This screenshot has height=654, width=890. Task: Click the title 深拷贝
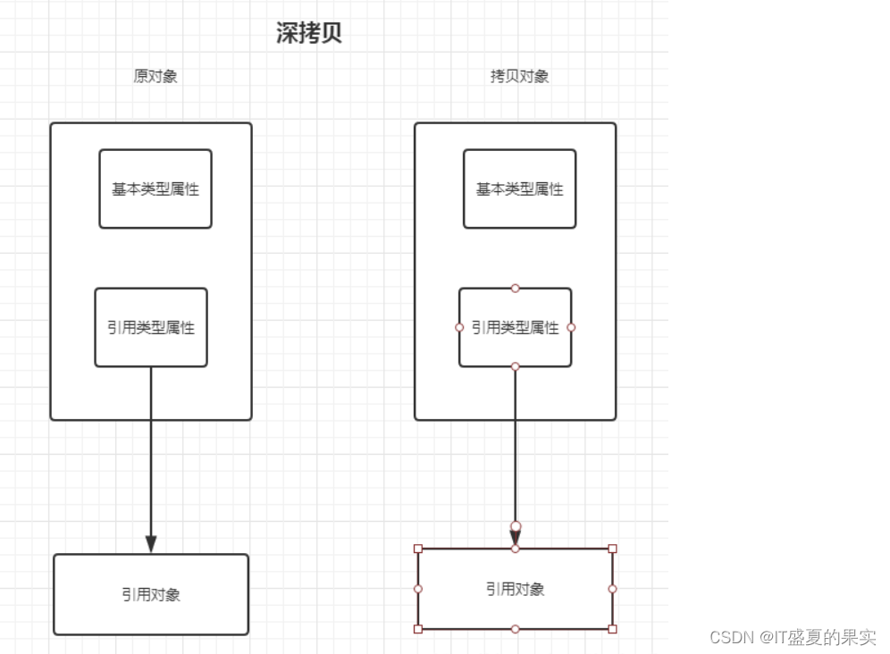click(x=309, y=34)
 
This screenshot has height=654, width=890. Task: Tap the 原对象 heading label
click(x=155, y=76)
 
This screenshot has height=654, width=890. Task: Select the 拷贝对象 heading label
click(x=519, y=76)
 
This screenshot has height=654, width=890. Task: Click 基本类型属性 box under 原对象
click(x=155, y=189)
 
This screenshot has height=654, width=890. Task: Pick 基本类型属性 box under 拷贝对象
click(x=519, y=189)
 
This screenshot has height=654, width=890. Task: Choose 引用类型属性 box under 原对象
click(x=151, y=328)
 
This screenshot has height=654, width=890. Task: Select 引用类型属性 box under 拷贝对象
click(x=516, y=328)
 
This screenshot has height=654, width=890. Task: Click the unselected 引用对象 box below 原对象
click(x=151, y=594)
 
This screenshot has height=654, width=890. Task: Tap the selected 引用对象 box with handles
click(x=516, y=589)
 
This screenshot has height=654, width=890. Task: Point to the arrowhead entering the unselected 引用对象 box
click(x=151, y=543)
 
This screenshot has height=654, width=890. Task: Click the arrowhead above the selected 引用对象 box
click(x=516, y=536)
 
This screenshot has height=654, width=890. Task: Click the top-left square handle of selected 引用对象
click(x=418, y=549)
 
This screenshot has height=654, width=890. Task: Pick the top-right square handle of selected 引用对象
click(x=612, y=549)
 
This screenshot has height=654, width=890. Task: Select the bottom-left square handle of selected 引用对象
click(x=418, y=629)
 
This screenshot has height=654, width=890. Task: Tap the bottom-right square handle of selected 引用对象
click(x=612, y=629)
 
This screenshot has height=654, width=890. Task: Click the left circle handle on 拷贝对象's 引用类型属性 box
click(x=459, y=327)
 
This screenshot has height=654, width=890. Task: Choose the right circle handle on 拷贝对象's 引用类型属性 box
click(x=571, y=327)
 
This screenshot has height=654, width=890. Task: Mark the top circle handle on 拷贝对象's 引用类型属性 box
click(x=515, y=289)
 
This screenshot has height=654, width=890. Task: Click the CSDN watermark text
click(x=793, y=637)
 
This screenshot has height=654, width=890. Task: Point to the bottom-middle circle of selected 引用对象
click(x=516, y=629)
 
